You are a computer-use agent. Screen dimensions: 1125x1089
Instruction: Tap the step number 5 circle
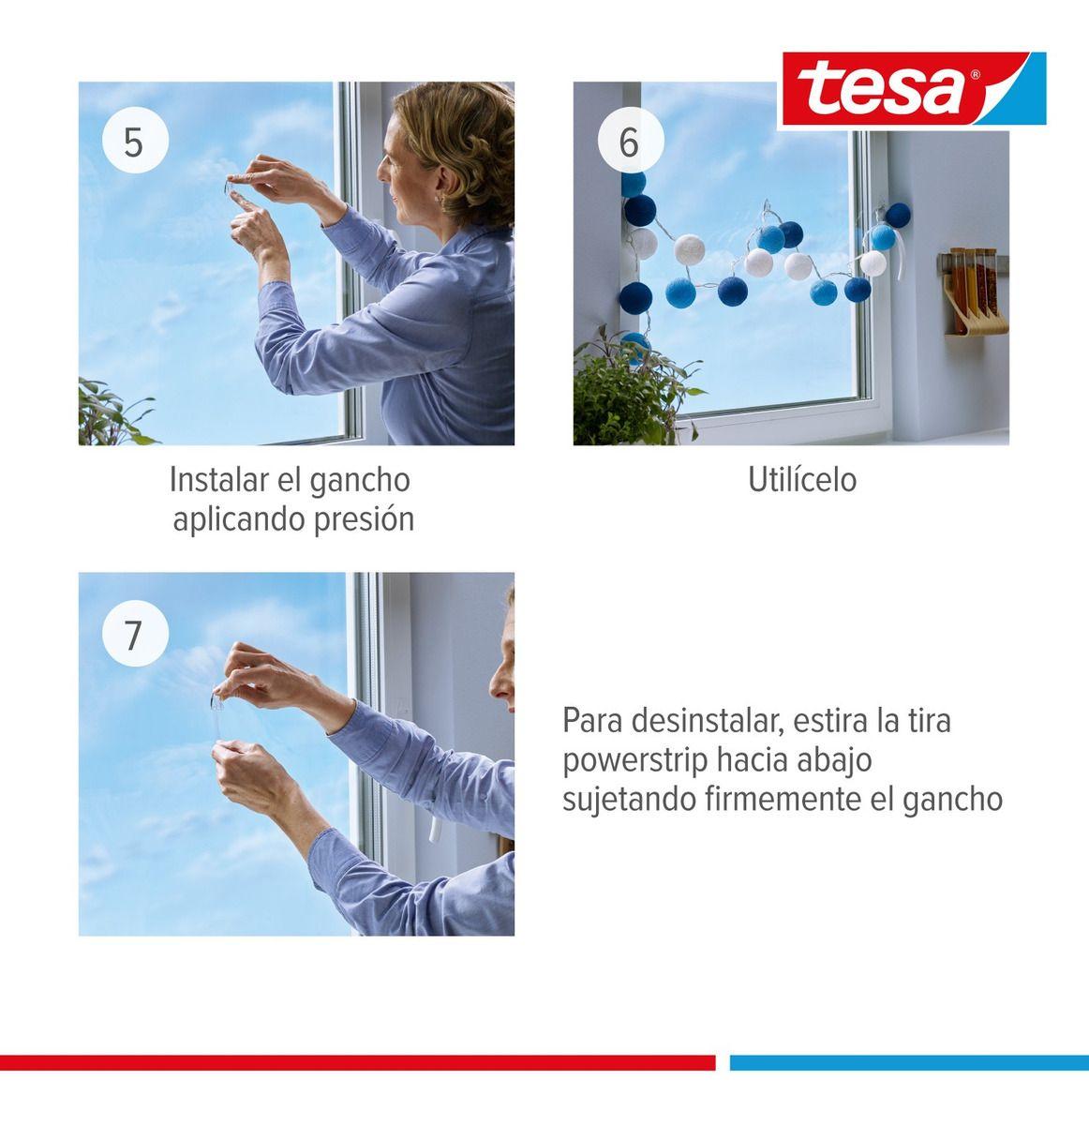[134, 142]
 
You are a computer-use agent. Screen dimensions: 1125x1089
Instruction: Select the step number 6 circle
[629, 142]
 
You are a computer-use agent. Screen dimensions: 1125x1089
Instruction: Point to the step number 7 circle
[134, 634]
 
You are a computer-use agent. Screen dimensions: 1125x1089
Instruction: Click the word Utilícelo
[801, 480]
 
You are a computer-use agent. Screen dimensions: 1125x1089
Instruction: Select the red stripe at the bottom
[356, 1062]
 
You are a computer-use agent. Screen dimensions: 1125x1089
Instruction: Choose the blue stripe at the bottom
[908, 1062]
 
